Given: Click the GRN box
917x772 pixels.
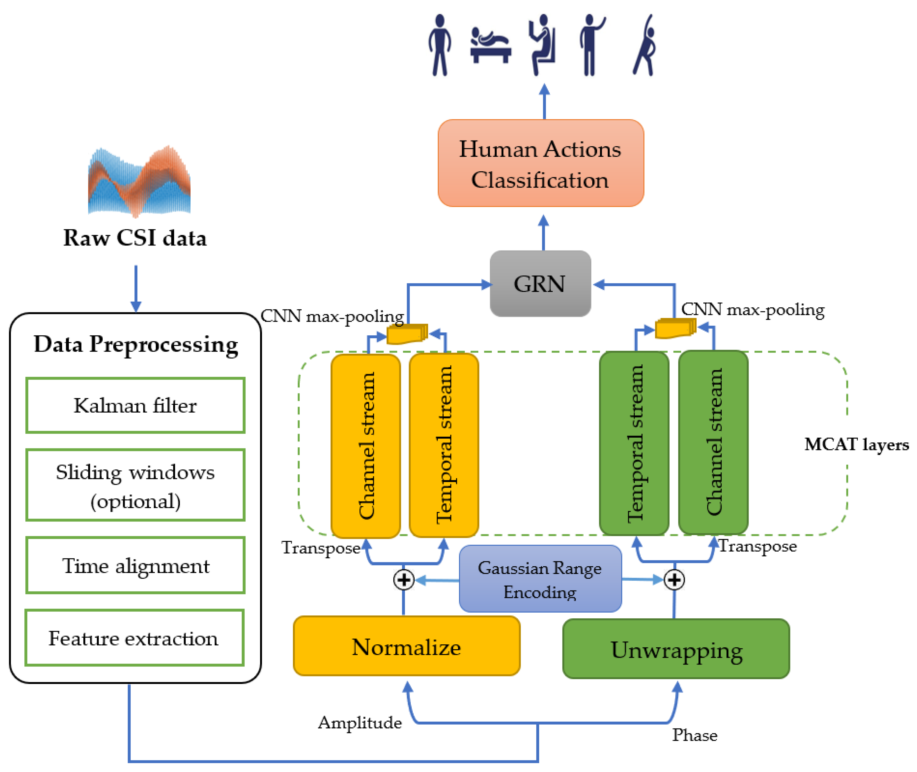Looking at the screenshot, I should click(540, 283).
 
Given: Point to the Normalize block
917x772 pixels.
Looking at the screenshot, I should click(406, 646).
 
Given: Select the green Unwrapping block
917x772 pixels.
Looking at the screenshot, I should click(676, 649).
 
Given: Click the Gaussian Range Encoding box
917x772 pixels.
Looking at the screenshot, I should click(540, 579).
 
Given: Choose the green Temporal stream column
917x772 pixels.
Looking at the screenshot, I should click(634, 443).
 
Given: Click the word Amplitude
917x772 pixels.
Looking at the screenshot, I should click(359, 723).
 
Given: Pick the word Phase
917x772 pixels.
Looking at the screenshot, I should click(695, 735).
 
